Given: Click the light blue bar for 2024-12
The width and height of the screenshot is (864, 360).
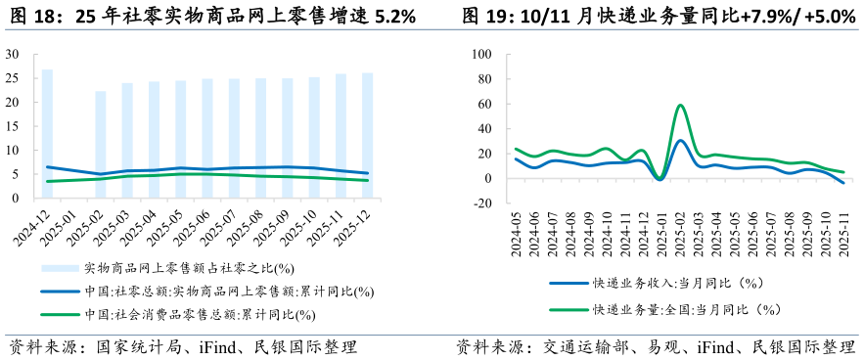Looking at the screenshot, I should click(x=47, y=133).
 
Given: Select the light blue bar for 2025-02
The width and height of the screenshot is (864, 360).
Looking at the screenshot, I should click(x=100, y=144).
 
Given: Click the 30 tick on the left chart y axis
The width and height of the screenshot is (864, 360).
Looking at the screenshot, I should click(x=14, y=55).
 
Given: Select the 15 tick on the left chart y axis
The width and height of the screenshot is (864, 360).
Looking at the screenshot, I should click(x=14, y=126).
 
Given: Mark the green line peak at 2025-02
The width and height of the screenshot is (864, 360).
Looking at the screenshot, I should click(x=680, y=105).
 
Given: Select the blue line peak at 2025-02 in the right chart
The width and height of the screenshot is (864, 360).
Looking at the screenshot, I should click(x=680, y=141).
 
